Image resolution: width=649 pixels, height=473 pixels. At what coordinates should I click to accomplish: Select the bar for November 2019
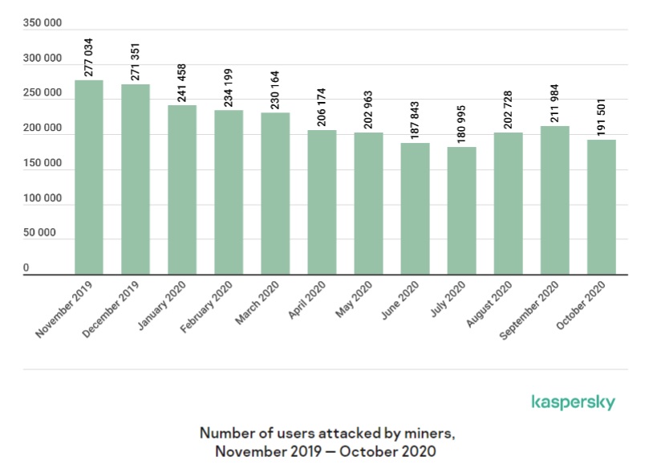point(88,177)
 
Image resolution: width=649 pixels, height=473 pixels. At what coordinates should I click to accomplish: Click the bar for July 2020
point(461,211)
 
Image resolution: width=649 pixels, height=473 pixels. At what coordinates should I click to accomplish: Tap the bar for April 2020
point(322,202)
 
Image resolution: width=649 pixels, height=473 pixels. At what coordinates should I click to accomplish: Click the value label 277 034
point(89,55)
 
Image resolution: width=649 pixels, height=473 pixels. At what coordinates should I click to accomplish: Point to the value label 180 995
point(461,122)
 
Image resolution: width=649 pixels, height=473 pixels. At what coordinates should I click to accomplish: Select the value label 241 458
point(182,80)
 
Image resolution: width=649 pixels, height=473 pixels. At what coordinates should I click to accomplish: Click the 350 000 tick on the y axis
point(43,24)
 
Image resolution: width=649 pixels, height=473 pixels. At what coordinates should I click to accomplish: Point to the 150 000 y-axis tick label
point(43,164)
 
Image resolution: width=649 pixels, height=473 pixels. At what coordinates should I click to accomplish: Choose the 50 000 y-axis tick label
point(46,233)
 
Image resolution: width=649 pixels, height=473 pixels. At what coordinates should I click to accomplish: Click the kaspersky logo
point(573,402)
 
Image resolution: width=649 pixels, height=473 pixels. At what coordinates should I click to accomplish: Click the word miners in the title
point(426,433)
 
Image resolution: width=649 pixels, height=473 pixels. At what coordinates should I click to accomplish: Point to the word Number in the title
point(226,433)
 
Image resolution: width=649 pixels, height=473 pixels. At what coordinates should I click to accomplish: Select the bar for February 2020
point(229,193)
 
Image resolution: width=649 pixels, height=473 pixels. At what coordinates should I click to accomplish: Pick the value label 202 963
point(368,105)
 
